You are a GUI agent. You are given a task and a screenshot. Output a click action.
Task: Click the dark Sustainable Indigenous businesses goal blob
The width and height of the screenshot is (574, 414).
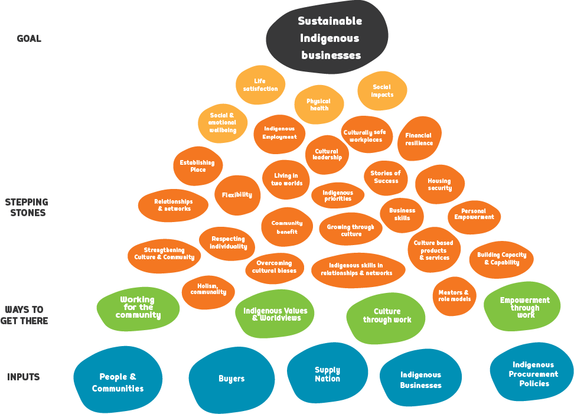(x=328, y=38)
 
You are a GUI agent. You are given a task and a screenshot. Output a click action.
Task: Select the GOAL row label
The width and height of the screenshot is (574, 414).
(x=29, y=39)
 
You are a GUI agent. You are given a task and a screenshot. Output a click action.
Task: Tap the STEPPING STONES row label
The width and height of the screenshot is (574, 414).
(x=26, y=207)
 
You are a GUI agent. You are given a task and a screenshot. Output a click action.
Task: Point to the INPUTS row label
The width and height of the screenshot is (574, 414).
(x=24, y=377)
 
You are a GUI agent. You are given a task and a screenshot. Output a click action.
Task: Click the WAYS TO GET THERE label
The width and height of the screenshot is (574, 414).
(x=25, y=315)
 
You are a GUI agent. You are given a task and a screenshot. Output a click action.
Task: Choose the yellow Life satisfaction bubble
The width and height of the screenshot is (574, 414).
(x=260, y=85)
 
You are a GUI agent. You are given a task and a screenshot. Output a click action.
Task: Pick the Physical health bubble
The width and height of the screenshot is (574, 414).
(x=319, y=105)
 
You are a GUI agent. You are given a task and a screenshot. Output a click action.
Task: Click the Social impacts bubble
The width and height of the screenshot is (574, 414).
(x=382, y=91)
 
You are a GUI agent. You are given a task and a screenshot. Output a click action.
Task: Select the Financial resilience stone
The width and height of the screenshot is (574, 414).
(x=419, y=139)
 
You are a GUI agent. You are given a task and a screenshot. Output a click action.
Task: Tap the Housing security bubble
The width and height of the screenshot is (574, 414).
(x=439, y=184)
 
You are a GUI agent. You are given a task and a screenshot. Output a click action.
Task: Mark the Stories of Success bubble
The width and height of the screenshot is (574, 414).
(x=386, y=177)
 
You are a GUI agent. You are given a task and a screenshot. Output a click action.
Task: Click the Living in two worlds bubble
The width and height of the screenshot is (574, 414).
(x=287, y=179)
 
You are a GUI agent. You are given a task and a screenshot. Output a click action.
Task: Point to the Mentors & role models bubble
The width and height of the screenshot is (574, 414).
(x=454, y=295)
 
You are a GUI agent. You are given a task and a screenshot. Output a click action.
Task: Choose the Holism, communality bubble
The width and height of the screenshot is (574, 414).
(x=208, y=289)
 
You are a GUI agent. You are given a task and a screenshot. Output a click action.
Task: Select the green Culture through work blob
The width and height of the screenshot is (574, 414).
(x=386, y=316)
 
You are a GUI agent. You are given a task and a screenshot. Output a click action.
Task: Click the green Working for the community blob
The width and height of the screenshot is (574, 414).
(x=138, y=308)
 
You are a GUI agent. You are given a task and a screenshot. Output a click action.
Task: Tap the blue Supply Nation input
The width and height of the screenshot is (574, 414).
(x=327, y=374)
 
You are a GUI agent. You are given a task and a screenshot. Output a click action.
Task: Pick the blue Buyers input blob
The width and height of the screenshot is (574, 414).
(x=231, y=379)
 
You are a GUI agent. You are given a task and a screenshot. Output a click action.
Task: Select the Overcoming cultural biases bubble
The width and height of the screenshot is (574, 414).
(x=275, y=267)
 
